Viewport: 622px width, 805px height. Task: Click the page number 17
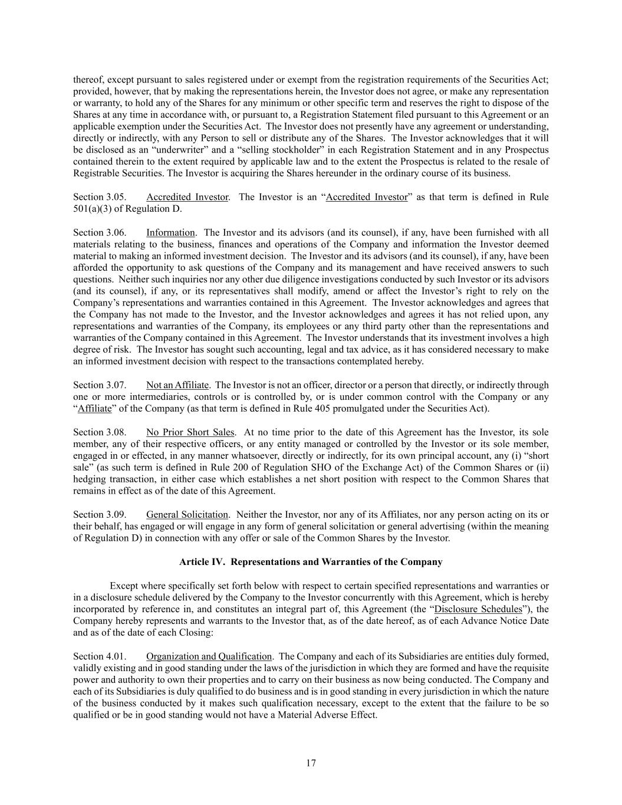[x=311, y=763]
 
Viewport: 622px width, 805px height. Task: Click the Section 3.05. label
[x=99, y=197]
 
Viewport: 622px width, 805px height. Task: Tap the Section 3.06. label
[x=99, y=232]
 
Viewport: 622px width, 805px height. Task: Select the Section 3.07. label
[x=99, y=385]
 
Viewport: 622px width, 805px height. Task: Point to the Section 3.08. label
[x=99, y=432]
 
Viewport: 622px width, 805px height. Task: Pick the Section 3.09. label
[x=99, y=515]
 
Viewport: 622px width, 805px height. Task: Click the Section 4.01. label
[x=99, y=656]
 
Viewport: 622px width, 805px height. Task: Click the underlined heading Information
[x=170, y=232]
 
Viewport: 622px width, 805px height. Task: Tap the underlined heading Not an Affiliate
[x=177, y=385]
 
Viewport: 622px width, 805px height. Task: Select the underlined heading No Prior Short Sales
[x=190, y=432]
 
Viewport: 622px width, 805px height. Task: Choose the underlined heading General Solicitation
[x=187, y=515]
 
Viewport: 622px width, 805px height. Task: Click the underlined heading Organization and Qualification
[x=209, y=656]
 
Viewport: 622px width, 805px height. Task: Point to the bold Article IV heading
[x=311, y=562]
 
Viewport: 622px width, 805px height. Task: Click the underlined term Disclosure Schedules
[x=478, y=609]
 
